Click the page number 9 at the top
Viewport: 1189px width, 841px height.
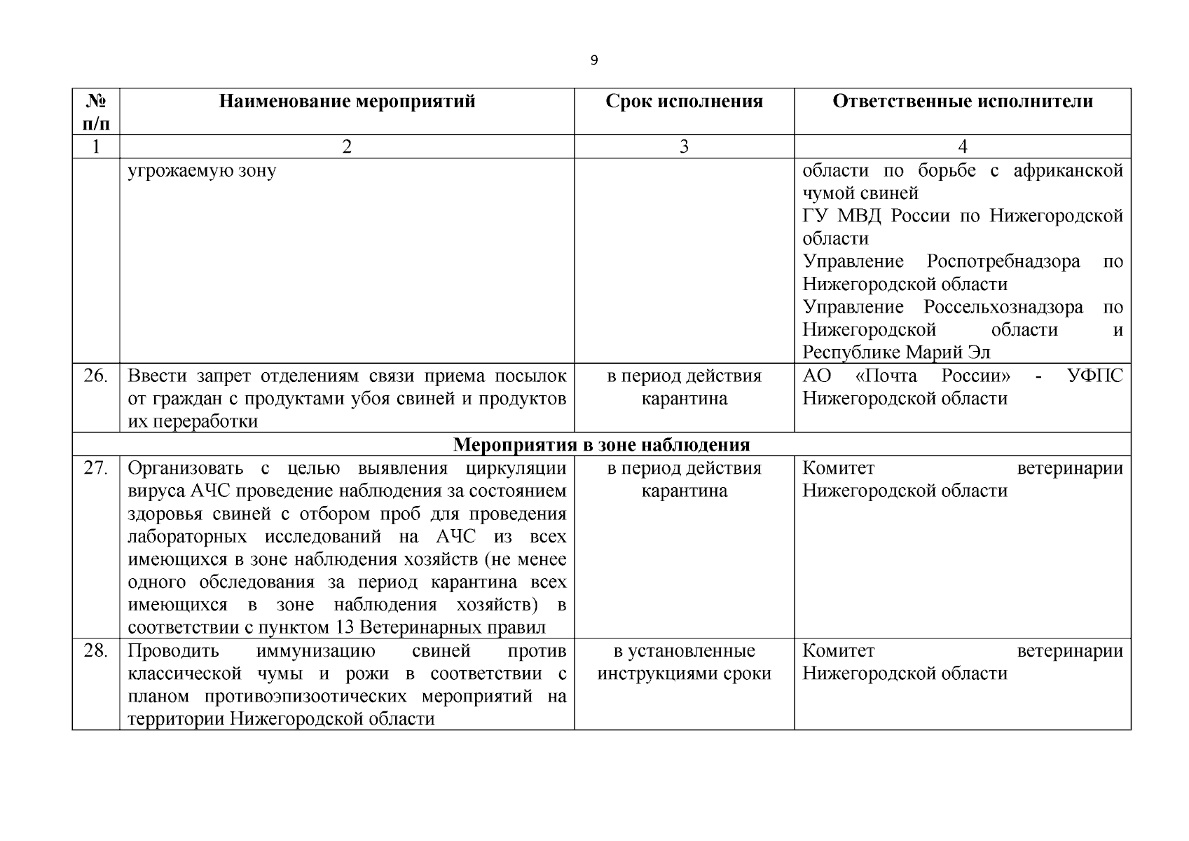tap(594, 61)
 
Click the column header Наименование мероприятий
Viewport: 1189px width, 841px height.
tap(347, 102)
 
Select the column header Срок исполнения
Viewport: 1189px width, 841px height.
tap(684, 102)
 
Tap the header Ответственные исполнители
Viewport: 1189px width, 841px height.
tap(962, 102)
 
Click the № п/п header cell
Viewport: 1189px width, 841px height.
tap(96, 112)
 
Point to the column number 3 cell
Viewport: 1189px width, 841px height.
tap(684, 146)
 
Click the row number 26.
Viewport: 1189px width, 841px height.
tap(96, 376)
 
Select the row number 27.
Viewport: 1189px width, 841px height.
tap(96, 468)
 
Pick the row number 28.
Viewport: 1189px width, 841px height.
tap(96, 651)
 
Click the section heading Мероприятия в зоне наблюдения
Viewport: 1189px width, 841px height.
tap(601, 445)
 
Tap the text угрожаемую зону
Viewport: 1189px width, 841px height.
tap(202, 170)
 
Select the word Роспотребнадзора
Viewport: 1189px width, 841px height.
tap(1003, 261)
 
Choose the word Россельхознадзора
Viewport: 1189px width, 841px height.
tap(1003, 307)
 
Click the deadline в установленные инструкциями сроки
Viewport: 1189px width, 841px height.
tap(684, 662)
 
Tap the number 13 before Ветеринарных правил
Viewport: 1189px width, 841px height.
tap(344, 627)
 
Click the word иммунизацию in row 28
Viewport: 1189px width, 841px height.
tap(315, 651)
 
